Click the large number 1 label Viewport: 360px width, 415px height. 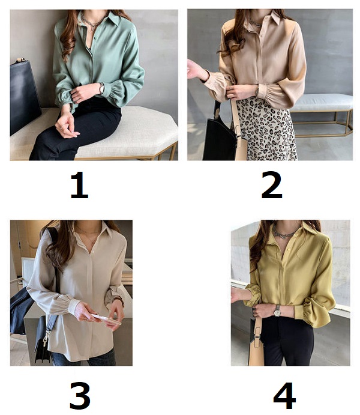click(x=79, y=185)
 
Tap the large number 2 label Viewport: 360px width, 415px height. click(x=272, y=185)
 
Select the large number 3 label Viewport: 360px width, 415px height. click(x=80, y=395)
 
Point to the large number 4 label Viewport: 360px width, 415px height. click(x=284, y=395)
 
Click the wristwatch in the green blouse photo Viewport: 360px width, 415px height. click(x=101, y=88)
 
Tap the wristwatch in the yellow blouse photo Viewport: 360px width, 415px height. click(x=277, y=311)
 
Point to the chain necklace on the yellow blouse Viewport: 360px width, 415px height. click(x=284, y=232)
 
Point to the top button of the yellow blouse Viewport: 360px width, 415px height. click(x=289, y=250)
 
